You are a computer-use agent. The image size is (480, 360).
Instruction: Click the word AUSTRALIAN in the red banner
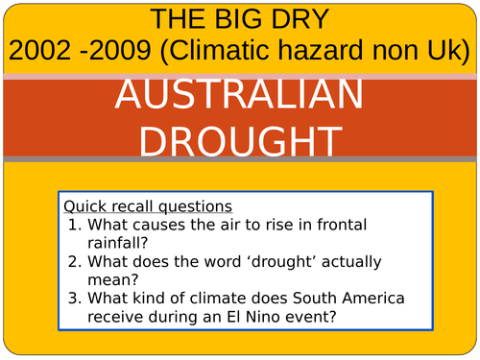[240, 96]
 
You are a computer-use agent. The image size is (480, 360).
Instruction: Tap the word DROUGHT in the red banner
[240, 140]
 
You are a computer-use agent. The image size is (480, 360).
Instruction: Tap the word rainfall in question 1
[120, 244]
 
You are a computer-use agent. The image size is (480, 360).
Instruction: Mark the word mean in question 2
[110, 280]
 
